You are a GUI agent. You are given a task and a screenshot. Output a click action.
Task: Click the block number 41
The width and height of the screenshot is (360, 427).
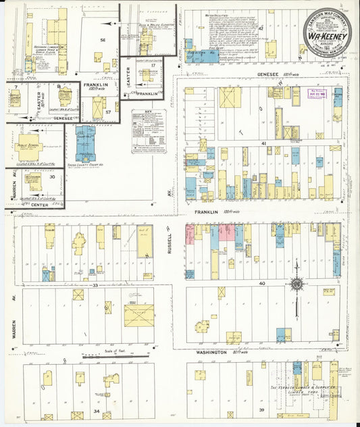click(265, 144)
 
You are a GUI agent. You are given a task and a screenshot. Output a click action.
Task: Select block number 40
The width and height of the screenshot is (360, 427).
click(262, 283)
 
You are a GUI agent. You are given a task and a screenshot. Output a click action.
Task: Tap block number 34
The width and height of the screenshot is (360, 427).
click(97, 411)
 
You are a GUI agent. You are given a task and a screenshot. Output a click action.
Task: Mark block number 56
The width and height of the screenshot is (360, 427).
click(102, 41)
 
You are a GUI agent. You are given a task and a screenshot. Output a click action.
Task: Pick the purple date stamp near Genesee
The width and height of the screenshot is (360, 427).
click(317, 93)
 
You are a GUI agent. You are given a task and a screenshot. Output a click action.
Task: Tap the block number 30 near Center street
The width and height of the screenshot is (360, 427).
click(52, 176)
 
